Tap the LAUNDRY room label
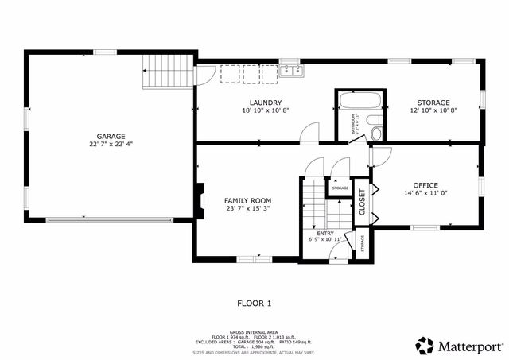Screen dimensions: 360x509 click(265, 103)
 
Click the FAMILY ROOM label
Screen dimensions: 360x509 click(247, 200)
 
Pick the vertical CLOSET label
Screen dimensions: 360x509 click(362, 203)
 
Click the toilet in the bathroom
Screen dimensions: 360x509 click(376, 133)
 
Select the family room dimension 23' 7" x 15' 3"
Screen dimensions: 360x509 click(247, 208)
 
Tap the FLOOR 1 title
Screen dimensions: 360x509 click(254, 303)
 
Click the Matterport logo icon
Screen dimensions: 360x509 click(425, 346)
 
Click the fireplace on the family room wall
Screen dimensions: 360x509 click(199, 201)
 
